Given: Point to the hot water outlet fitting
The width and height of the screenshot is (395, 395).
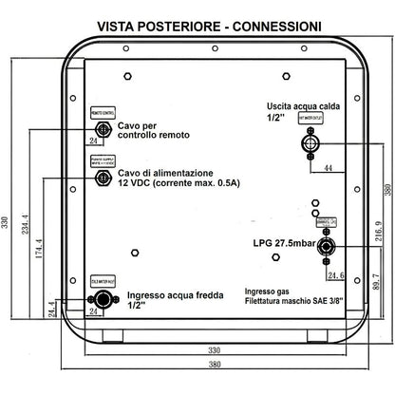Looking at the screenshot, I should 309,144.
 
